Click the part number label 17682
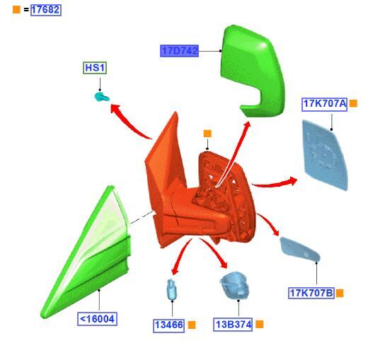(x=46, y=10)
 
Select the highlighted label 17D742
(x=179, y=51)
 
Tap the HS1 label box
(x=95, y=68)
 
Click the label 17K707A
(x=324, y=104)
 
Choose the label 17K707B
(x=311, y=293)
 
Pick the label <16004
(x=97, y=319)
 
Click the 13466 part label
(x=168, y=325)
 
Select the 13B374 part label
(x=233, y=325)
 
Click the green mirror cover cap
(x=253, y=71)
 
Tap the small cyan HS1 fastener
(x=101, y=96)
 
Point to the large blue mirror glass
(x=326, y=155)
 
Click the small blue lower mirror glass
(x=299, y=250)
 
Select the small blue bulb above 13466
(x=171, y=289)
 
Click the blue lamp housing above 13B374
(x=235, y=285)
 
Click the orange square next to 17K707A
(x=353, y=103)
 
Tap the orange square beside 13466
(x=192, y=325)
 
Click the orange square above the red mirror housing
(x=207, y=134)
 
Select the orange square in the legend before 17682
(x=16, y=10)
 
